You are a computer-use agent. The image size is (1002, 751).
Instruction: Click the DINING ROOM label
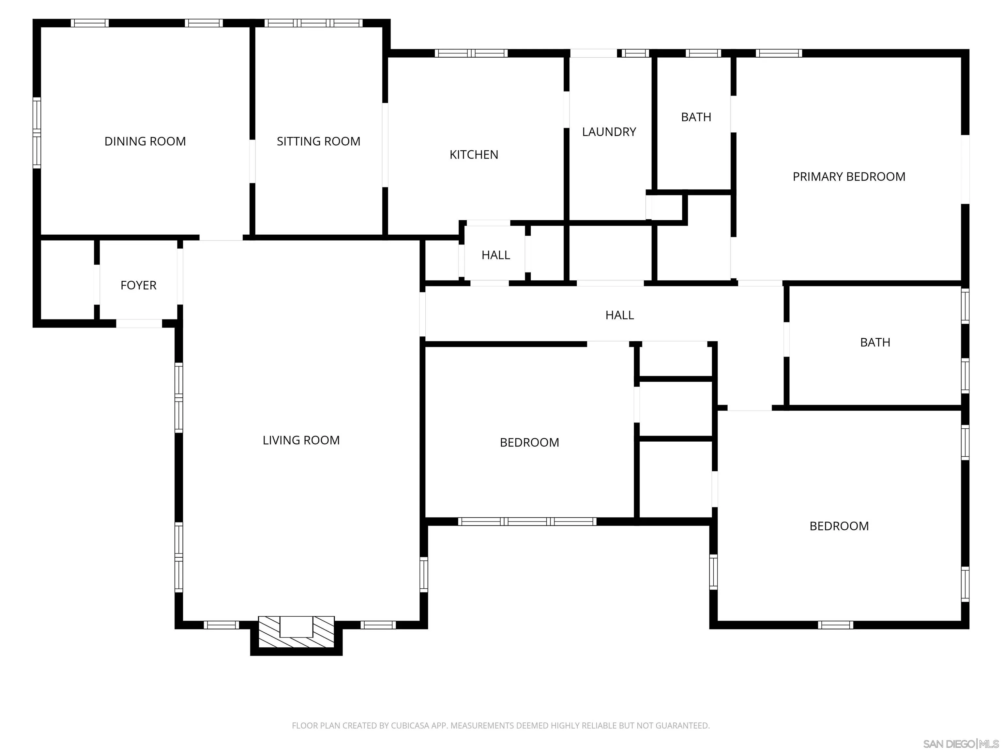tap(145, 141)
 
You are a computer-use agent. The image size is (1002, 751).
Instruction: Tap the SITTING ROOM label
tap(318, 141)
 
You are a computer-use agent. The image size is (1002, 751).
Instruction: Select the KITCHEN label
tap(474, 155)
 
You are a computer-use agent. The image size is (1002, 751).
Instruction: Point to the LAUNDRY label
tap(609, 132)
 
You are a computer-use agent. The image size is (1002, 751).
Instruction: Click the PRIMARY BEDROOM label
tap(849, 177)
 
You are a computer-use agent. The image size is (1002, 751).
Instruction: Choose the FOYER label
tap(138, 285)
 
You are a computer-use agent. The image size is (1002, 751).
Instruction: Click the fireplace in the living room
tap(296, 632)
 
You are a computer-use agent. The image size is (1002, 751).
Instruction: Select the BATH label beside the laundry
tap(696, 117)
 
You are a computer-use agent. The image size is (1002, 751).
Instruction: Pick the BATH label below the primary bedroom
tap(875, 342)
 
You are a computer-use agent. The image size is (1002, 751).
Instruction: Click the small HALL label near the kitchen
tap(495, 255)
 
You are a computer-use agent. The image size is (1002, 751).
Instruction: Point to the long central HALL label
tap(619, 315)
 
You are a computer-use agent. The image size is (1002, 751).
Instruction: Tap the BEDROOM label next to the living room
tap(529, 442)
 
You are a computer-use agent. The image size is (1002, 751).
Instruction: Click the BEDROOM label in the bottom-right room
tap(839, 526)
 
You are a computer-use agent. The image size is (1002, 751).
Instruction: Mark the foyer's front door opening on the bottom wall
tap(139, 323)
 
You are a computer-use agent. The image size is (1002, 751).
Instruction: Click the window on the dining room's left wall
tap(37, 133)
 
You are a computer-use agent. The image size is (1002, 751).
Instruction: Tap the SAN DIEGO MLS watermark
tap(960, 744)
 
